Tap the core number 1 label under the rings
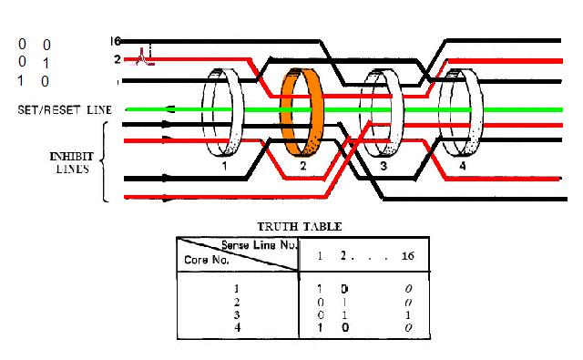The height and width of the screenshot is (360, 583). [224, 166]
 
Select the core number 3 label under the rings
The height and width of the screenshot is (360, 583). [384, 166]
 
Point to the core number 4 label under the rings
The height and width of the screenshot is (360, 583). [462, 166]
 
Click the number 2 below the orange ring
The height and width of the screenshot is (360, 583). [303, 166]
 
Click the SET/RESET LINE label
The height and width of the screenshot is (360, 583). [65, 109]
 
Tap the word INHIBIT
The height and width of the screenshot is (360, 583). [72, 156]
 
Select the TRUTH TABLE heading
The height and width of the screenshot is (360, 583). [300, 227]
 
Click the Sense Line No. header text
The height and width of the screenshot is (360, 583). [260, 245]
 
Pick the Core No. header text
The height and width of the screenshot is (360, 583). [207, 260]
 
